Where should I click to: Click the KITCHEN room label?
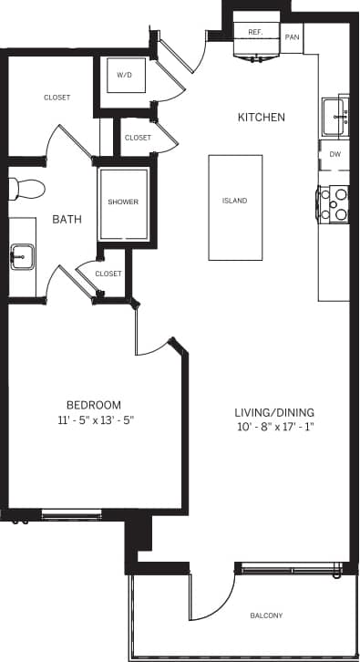[x=262, y=118]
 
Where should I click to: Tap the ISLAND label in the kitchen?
[x=234, y=201]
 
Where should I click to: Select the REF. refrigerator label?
[x=255, y=32]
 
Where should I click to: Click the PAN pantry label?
[x=292, y=37]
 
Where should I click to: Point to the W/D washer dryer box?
[x=123, y=76]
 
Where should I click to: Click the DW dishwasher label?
[x=334, y=155]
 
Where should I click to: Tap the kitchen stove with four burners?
[x=334, y=204]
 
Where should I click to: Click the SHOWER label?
[x=123, y=202]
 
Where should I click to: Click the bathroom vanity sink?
[x=20, y=256]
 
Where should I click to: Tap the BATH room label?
[x=66, y=220]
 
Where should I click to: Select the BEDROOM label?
[x=93, y=405]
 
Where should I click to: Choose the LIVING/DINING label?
[x=273, y=412]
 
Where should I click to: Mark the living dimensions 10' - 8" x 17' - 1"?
[x=273, y=428]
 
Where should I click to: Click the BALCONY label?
[x=268, y=615]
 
